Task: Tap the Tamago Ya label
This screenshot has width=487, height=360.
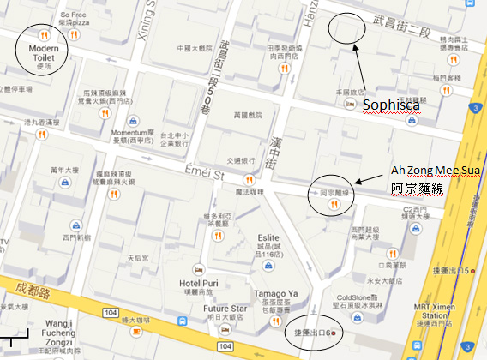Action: [274, 293]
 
